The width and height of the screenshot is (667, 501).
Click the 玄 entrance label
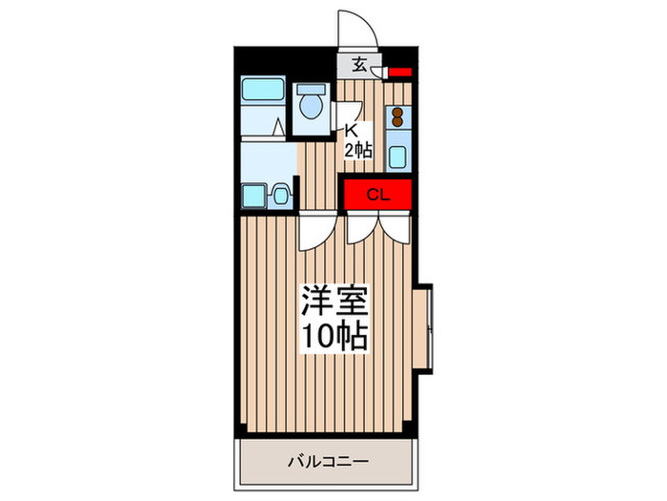(x=359, y=66)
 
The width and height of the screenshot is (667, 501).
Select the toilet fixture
(x=311, y=106)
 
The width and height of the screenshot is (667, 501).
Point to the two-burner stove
(x=396, y=119)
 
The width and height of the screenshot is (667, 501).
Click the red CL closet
(x=377, y=195)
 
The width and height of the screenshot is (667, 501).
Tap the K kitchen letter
(x=350, y=130)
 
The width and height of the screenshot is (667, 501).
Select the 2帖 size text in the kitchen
(x=357, y=149)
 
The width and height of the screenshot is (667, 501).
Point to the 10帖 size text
(x=333, y=336)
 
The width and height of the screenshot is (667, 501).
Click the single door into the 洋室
(x=315, y=231)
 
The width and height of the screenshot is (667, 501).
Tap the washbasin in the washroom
(x=280, y=196)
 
